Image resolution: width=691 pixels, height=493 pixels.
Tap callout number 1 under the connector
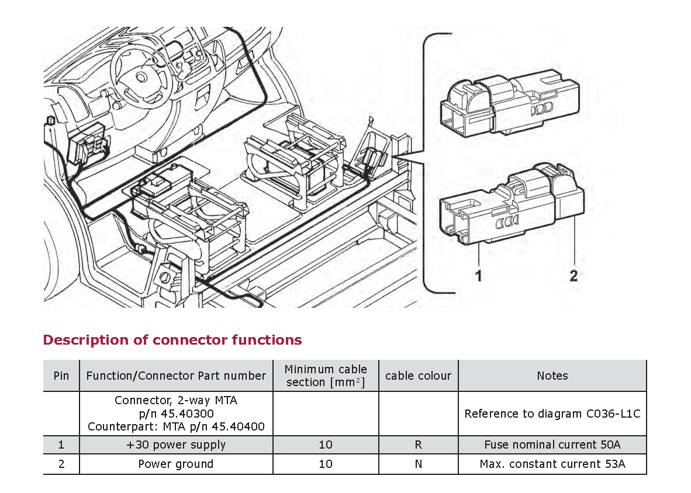[478, 275]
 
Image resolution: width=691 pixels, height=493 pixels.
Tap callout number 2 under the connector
[573, 275]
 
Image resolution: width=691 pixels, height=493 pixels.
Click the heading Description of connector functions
[172, 340]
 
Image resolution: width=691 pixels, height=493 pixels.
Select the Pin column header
[61, 376]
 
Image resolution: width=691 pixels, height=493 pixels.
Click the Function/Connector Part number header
[176, 376]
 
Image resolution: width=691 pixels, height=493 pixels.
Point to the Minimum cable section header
[326, 376]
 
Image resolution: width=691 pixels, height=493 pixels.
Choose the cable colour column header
[418, 376]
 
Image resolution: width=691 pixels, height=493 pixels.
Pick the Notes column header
[552, 376]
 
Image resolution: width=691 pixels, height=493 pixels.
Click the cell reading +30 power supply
[176, 445]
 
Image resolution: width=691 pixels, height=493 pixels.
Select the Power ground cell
[176, 464]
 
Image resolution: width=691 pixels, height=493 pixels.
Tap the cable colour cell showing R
[418, 445]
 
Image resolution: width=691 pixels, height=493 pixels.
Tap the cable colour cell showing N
[418, 464]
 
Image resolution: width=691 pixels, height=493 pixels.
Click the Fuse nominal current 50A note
[552, 445]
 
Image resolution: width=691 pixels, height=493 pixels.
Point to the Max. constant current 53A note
[552, 464]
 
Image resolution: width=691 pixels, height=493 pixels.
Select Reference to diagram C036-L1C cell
[552, 414]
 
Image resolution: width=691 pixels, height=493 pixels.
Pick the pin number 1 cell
[61, 445]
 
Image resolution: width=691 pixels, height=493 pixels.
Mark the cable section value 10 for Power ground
[326, 464]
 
